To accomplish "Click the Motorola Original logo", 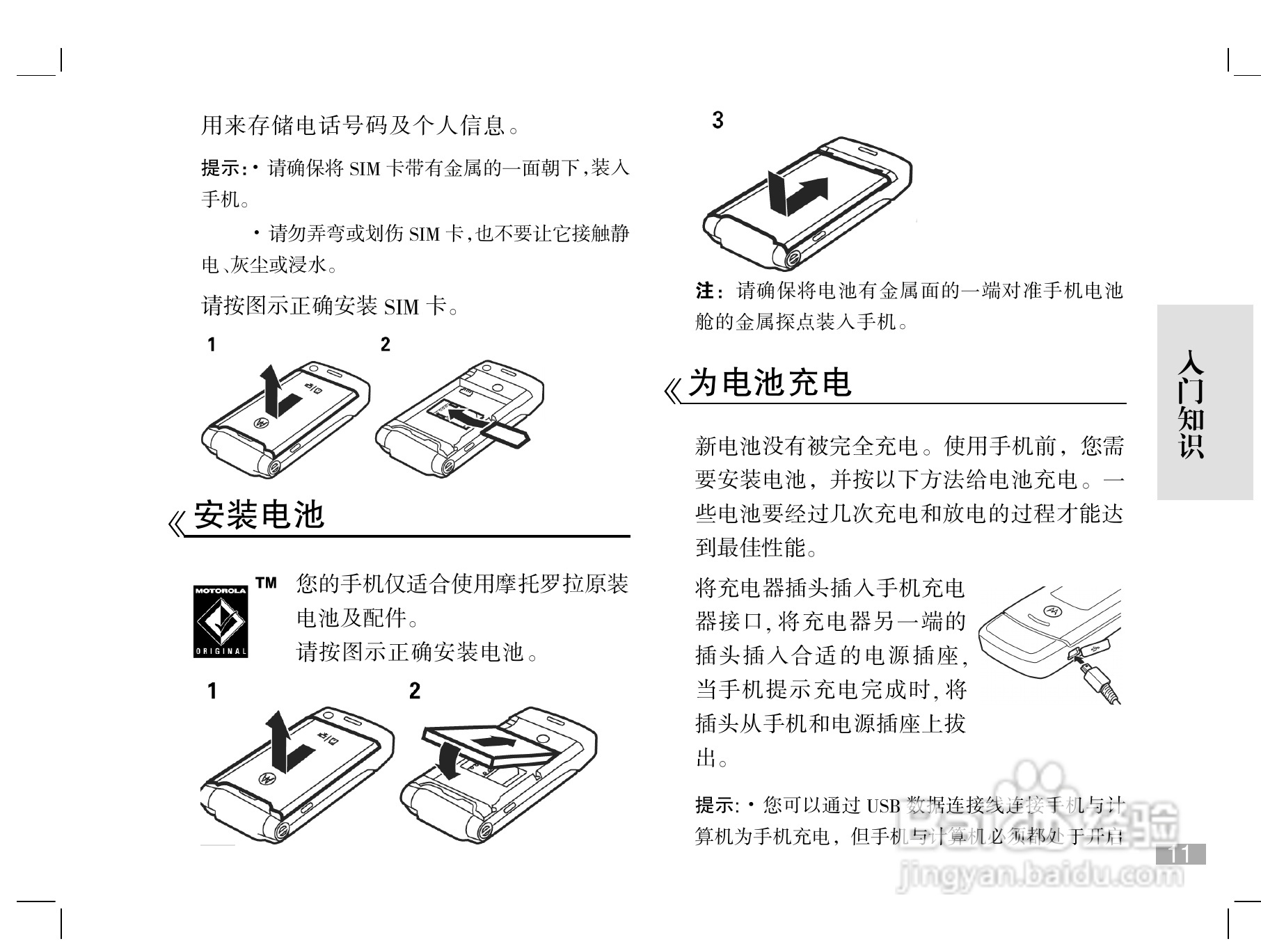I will pyautogui.click(x=221, y=621).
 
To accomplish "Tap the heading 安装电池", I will pyautogui.click(x=259, y=515).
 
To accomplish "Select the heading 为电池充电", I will pyautogui.click(x=770, y=383).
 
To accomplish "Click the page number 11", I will pyautogui.click(x=1180, y=854).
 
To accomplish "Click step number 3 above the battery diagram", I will pyautogui.click(x=717, y=120).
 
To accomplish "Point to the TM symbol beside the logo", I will pyautogui.click(x=266, y=583).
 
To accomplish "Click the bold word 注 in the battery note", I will pyautogui.click(x=704, y=290).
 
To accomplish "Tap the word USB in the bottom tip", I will pyautogui.click(x=883, y=806).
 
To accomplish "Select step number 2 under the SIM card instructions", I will pyautogui.click(x=386, y=344).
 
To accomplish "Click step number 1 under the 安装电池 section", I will pyautogui.click(x=212, y=691).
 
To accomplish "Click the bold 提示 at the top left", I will pyautogui.click(x=221, y=168).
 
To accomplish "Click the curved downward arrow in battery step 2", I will pyautogui.click(x=448, y=760).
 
